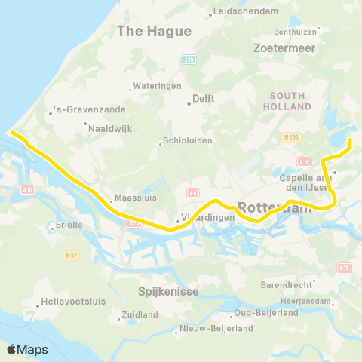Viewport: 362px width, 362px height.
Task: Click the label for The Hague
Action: [x=154, y=31]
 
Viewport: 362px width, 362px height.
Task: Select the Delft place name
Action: [x=204, y=98]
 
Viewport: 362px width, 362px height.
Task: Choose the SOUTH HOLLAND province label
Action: [x=287, y=101]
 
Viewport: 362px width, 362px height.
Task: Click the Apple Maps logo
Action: [x=27, y=348]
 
